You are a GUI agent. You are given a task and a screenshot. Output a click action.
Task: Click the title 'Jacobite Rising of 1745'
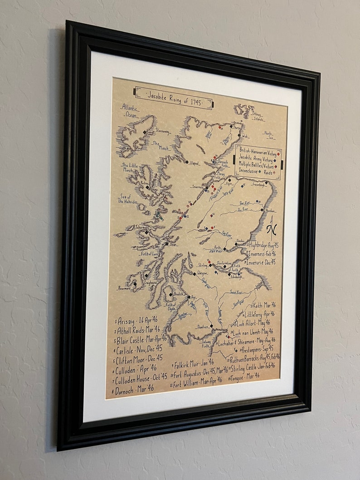tap(174, 96)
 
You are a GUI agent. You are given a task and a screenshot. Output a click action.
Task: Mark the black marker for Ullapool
tap(186, 162)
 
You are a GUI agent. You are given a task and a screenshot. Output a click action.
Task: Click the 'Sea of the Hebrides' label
tap(128, 199)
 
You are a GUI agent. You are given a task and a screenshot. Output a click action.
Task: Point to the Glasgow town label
tap(202, 273)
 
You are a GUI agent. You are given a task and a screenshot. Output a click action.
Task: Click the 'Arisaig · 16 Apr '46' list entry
tap(137, 320)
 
